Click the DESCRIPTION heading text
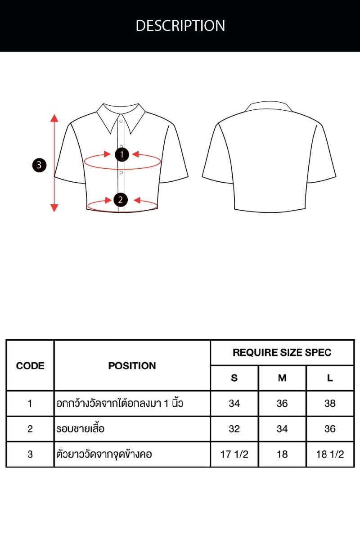(180, 26)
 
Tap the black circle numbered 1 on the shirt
(122, 154)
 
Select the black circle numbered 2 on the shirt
(121, 200)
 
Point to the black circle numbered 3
(39, 165)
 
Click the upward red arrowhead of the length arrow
(54, 118)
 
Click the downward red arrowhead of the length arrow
(54, 208)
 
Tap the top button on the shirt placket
(121, 121)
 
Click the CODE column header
(30, 366)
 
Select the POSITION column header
(132, 366)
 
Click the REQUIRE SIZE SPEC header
(282, 352)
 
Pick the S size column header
(234, 378)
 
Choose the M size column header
(282, 378)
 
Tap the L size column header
(330, 378)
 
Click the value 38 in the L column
(330, 403)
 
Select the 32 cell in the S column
(234, 429)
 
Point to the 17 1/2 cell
(234, 454)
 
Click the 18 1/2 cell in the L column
(330, 454)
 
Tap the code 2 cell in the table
(30, 429)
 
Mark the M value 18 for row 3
(282, 454)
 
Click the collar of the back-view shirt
(269, 106)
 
